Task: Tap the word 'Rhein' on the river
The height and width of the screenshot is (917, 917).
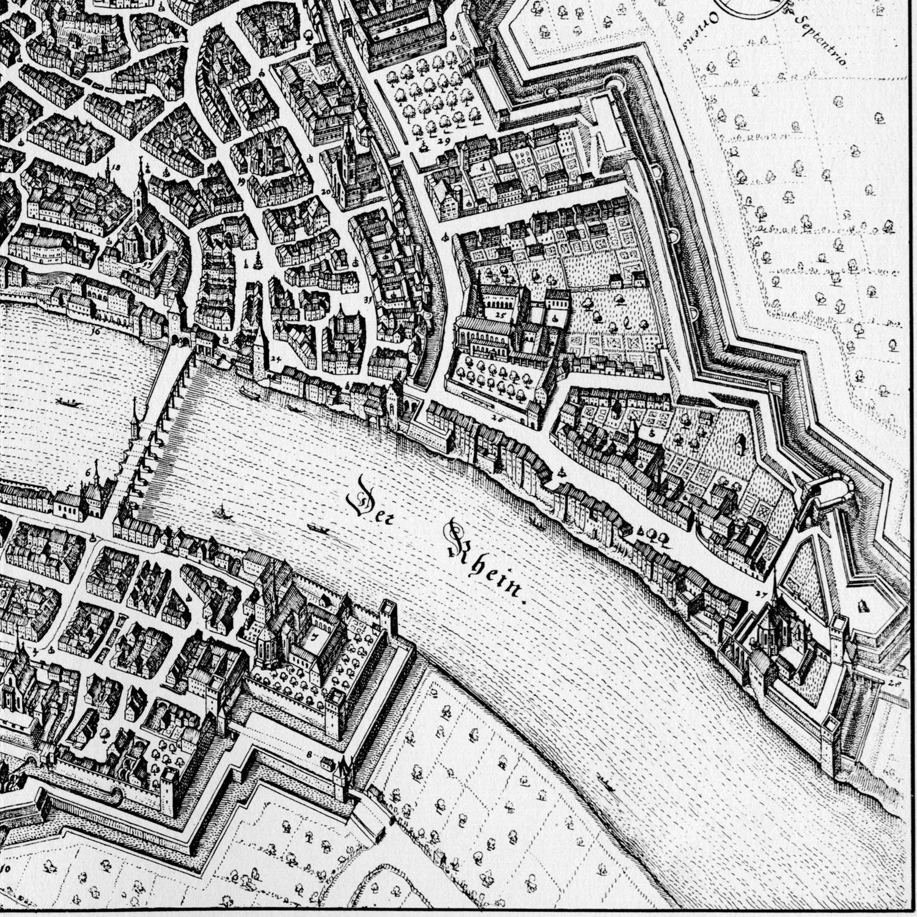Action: pos(486,562)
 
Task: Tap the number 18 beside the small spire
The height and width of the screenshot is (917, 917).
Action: pos(117,166)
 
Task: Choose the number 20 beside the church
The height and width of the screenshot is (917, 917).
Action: pos(326,191)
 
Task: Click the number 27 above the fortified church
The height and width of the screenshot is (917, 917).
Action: pos(760,593)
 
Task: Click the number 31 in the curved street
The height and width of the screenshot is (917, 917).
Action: pos(367,300)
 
